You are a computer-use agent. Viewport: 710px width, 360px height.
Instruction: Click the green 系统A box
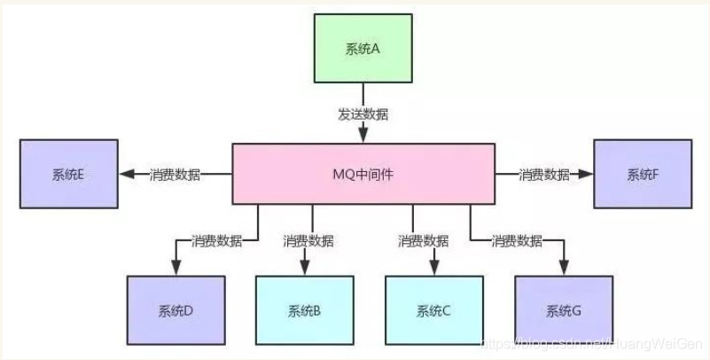[363, 50]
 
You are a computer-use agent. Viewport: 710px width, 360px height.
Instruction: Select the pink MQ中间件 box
[363, 174]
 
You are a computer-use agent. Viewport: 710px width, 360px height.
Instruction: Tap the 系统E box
[68, 174]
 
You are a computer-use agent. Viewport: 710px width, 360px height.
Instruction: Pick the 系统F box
[643, 174]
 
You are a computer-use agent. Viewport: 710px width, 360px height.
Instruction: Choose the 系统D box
[176, 310]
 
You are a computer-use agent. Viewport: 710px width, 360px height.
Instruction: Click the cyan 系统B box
[305, 310]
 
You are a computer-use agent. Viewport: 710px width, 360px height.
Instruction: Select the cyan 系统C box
[434, 310]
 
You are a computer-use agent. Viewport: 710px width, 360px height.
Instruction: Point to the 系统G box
[564, 310]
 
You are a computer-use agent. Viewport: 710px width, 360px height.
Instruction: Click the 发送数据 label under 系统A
[363, 114]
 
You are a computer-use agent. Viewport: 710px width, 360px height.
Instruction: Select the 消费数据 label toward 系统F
[543, 175]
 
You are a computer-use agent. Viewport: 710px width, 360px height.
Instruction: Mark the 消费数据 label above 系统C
[423, 240]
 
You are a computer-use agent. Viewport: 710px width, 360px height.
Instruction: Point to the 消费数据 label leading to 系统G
[517, 240]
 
